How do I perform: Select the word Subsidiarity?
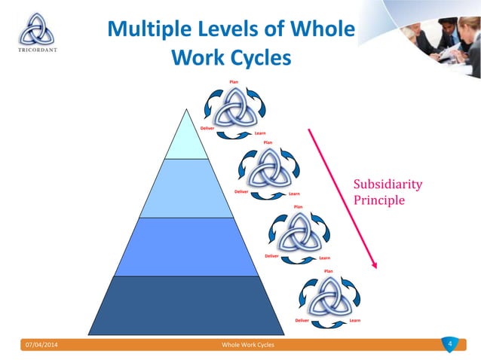388,185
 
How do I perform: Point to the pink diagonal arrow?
342,200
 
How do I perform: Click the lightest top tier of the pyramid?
185,139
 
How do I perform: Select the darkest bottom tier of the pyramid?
186,305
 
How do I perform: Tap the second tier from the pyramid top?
185,188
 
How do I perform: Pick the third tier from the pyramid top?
185,246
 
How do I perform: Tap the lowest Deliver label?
302,320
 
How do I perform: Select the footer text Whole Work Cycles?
248,344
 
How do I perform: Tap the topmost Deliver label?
208,128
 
